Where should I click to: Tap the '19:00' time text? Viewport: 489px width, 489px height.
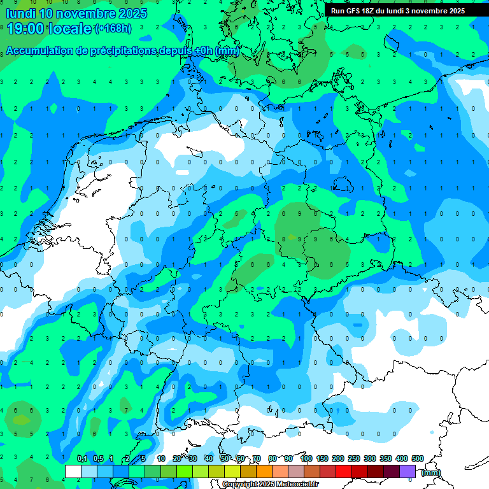point(25,28)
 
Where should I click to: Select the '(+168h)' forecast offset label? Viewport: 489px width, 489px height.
point(113,29)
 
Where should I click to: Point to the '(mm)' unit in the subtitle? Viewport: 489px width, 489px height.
point(227,51)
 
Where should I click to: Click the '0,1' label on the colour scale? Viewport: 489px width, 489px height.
point(82,459)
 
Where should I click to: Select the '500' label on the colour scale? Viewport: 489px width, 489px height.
point(418,459)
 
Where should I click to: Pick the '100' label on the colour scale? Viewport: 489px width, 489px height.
point(306,459)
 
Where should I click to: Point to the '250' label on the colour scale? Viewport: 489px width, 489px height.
point(354,459)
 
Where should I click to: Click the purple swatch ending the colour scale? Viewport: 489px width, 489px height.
point(407,471)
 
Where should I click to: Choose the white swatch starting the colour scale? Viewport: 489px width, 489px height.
point(73,471)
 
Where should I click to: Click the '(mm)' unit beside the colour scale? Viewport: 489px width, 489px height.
point(431,472)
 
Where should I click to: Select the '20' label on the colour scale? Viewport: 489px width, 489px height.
point(177,459)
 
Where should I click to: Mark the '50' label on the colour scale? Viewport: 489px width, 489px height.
point(225,459)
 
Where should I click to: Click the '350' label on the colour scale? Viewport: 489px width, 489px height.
point(386,459)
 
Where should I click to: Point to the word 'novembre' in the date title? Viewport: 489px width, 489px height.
point(87,13)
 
